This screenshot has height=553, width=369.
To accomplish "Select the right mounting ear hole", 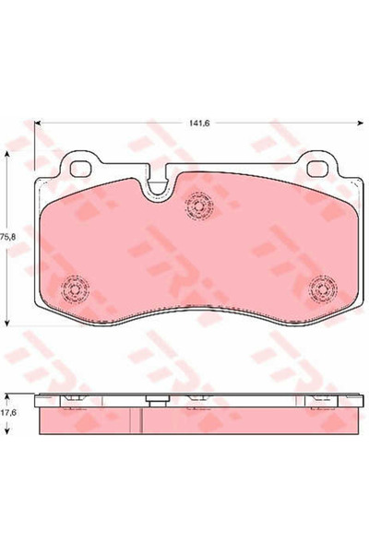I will pyautogui.click(x=318, y=170).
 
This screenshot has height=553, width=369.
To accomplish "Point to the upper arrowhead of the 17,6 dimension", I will pyautogui.click(x=7, y=394).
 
